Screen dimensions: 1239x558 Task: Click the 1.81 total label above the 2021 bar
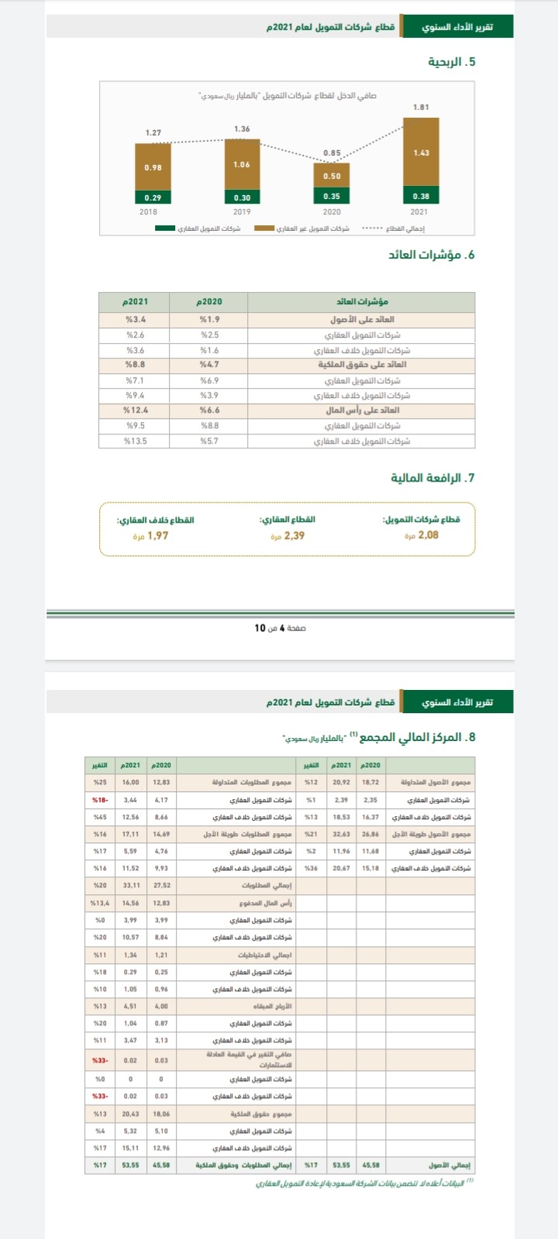coord(421,107)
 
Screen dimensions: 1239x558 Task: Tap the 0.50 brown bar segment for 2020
coord(332,176)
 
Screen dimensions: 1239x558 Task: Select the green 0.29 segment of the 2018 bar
coord(153,197)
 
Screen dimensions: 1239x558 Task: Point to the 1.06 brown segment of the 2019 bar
coord(242,164)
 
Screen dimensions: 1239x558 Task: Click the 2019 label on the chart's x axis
coord(242,211)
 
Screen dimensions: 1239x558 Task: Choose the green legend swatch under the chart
coord(165,228)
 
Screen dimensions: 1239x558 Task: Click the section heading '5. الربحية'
coord(452,62)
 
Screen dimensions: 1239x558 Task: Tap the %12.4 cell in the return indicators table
coord(136,410)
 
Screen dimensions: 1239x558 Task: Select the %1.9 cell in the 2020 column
coord(210,319)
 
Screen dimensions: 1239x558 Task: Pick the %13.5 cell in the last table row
coord(136,441)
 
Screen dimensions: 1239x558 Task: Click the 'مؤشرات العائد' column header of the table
coord(362,302)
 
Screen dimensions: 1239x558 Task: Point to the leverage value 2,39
coord(294,535)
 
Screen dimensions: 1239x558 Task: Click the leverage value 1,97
coord(157,535)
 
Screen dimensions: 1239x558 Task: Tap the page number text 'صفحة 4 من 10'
coord(280,627)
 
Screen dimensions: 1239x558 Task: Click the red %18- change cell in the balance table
coord(101,799)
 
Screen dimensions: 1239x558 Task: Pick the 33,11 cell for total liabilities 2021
coord(130,885)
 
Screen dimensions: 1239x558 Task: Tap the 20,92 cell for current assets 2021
coord(341,782)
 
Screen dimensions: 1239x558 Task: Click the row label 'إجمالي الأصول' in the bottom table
coord(450,1165)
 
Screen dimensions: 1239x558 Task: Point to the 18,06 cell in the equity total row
coord(161,1114)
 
